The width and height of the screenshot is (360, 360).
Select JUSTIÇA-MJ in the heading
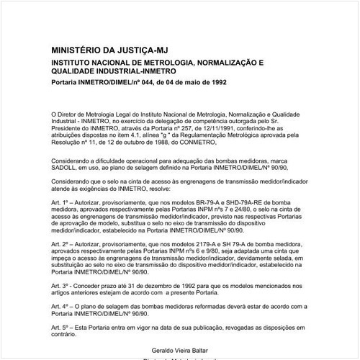156,52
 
